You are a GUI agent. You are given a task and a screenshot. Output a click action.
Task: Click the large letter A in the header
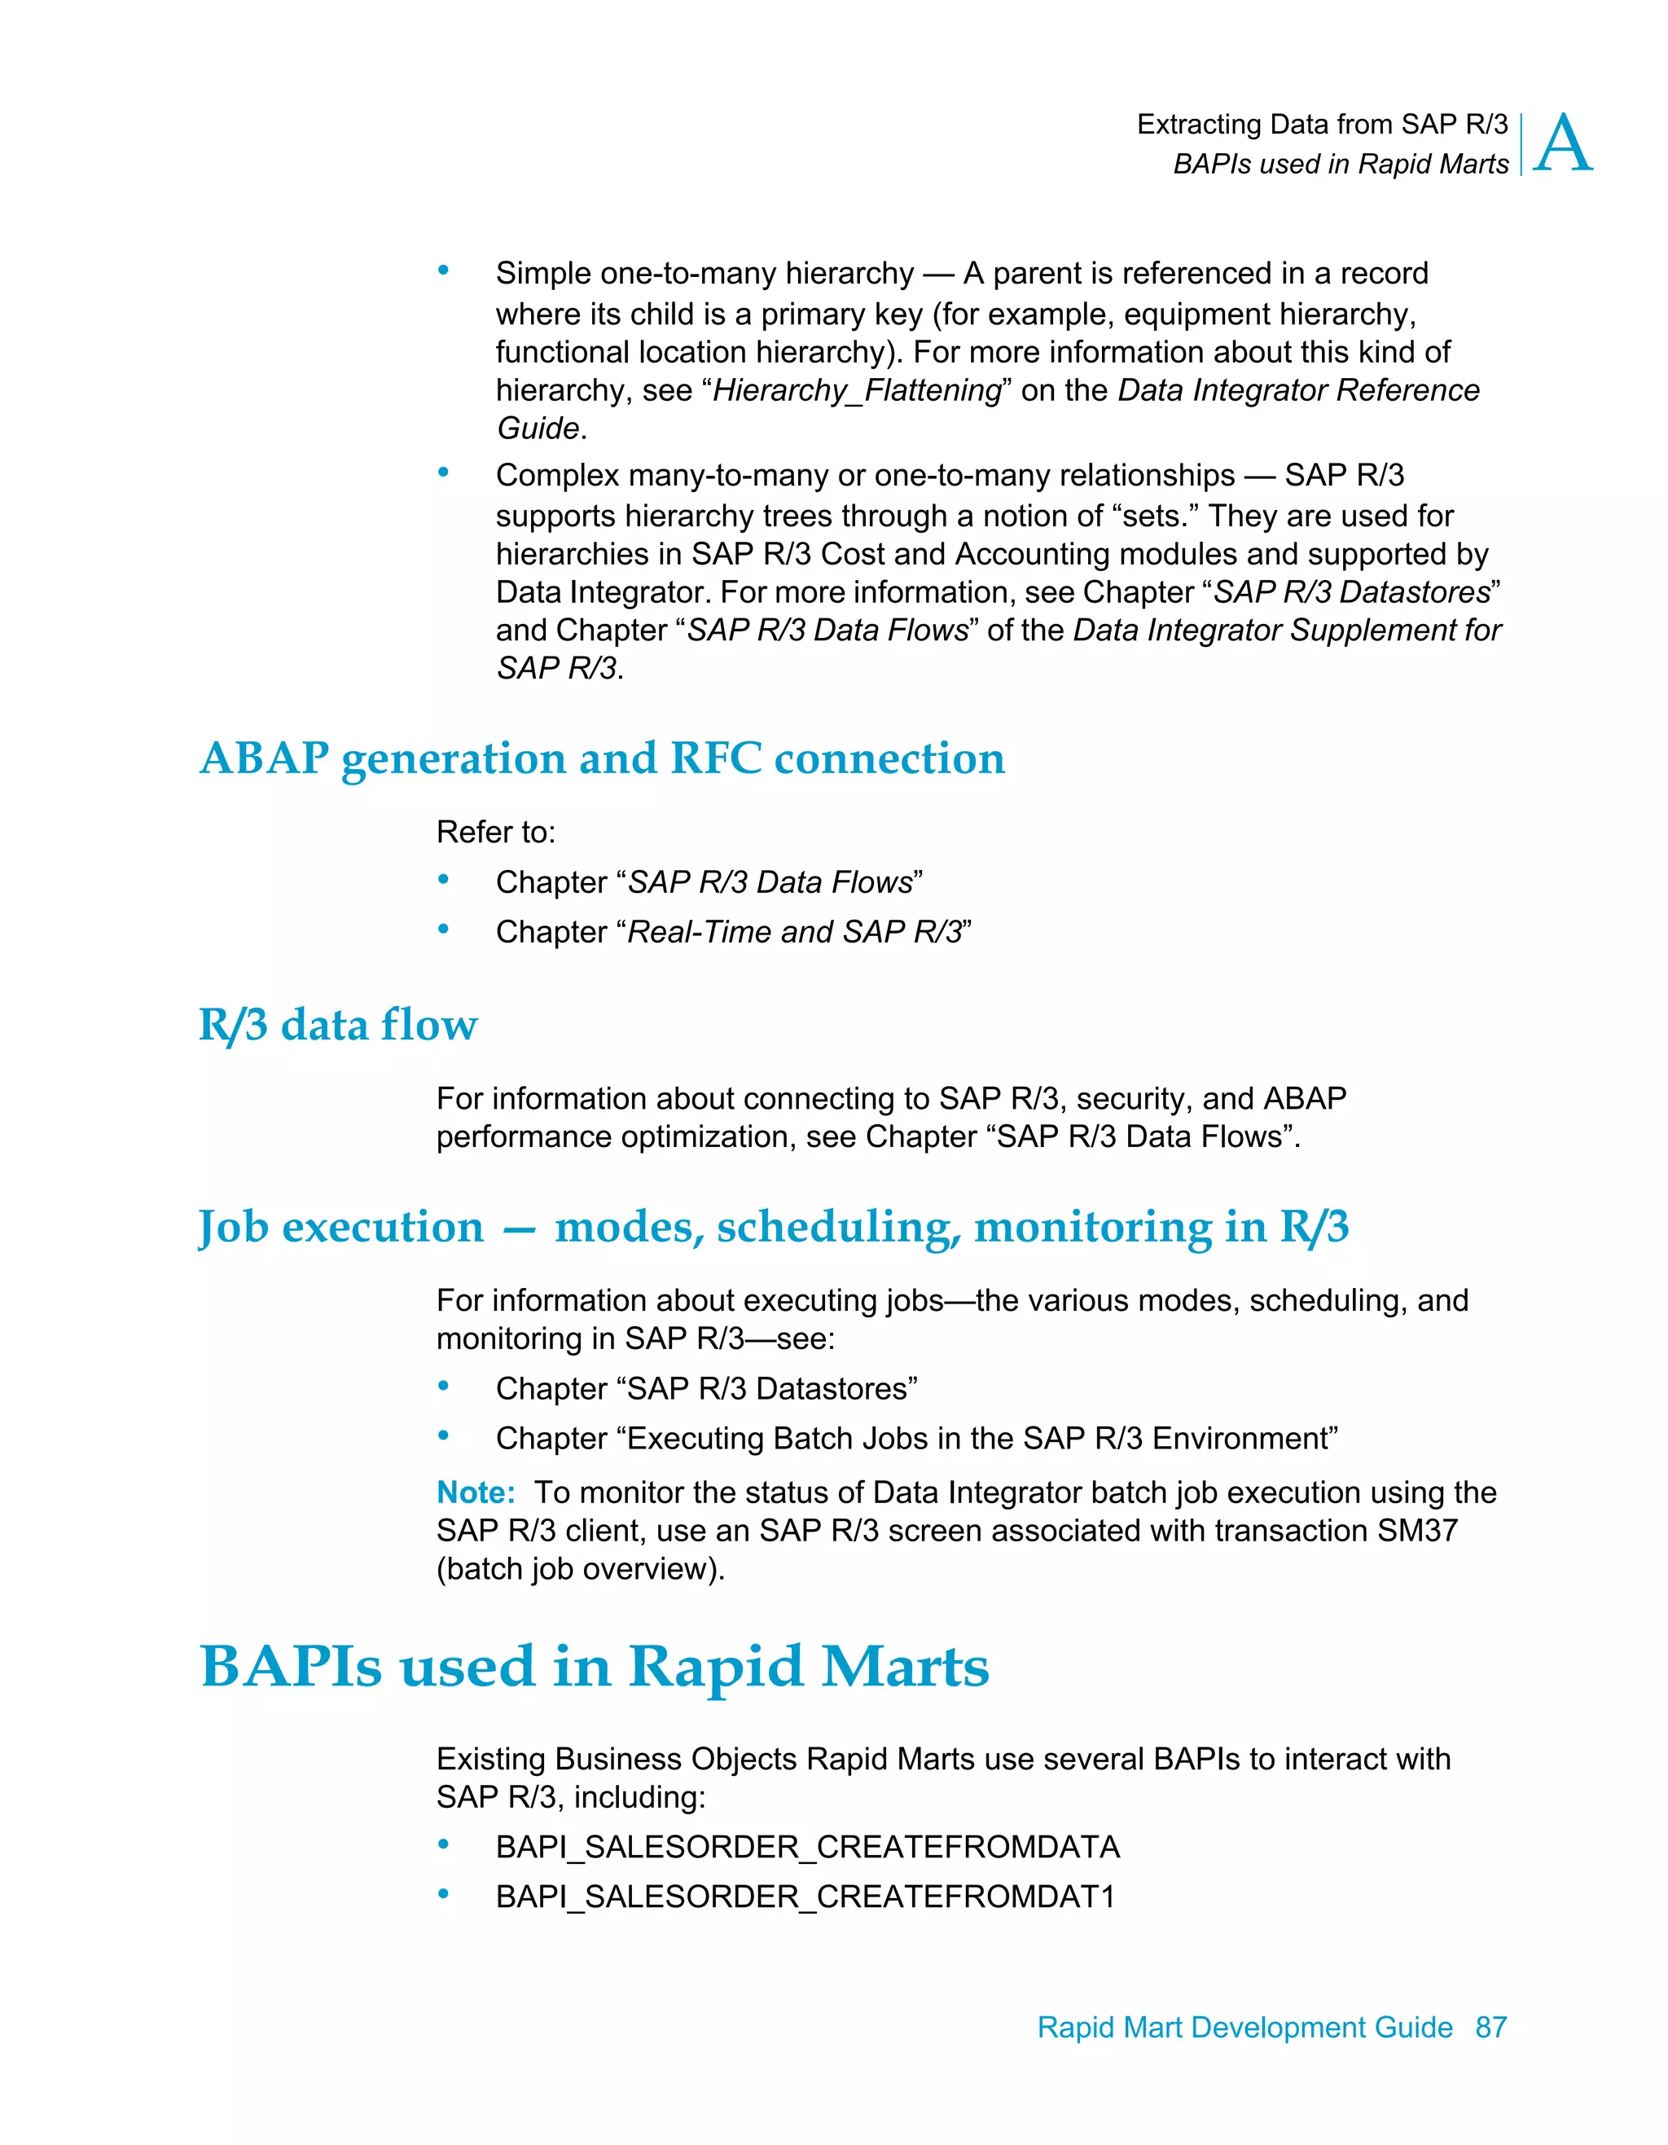1562,143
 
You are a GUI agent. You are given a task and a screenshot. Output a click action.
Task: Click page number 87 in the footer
1490,2027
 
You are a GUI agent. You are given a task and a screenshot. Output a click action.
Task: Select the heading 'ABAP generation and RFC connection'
602,758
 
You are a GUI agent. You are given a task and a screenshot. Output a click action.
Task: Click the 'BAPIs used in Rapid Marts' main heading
594,1667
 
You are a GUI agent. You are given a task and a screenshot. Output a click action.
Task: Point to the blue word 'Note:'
475,1492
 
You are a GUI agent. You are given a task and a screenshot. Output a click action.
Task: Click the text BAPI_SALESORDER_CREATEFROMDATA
807,1847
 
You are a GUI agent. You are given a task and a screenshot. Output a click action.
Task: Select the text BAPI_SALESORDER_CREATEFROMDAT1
805,1897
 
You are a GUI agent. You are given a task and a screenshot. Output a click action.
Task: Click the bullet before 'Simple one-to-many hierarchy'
444,270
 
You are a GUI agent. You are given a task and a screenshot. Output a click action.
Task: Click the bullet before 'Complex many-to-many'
444,473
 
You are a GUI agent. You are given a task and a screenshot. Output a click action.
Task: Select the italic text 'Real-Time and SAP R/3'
793,931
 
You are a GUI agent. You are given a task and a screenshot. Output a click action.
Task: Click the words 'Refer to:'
496,832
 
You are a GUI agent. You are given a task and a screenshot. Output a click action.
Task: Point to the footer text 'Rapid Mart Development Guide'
1244,2027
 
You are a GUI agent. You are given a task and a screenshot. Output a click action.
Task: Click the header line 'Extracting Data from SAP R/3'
1321,125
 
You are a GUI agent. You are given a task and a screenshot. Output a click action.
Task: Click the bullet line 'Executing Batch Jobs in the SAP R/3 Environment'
916,1438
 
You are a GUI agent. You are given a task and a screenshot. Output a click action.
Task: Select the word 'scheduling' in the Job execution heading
838,1228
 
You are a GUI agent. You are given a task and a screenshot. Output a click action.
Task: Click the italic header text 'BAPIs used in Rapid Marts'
1340,164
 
